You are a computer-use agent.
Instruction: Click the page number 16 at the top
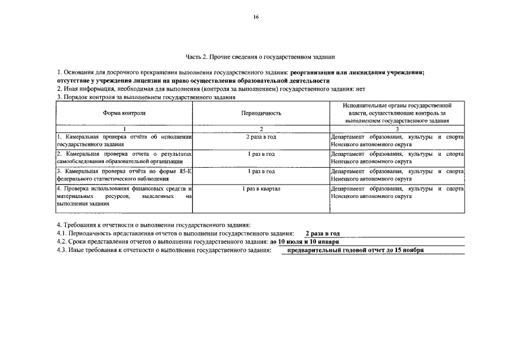click(x=255, y=17)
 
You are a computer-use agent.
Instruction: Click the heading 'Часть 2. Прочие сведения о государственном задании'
click(x=260, y=57)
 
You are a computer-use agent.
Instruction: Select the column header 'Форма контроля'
click(x=124, y=113)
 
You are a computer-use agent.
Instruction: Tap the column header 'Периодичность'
click(x=261, y=113)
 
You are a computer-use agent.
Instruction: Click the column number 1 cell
click(x=124, y=129)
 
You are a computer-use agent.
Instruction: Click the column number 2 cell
click(x=261, y=129)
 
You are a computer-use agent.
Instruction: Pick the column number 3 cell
click(x=397, y=129)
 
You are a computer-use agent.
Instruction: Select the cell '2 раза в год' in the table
click(x=261, y=137)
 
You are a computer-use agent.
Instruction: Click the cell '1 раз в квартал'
click(x=261, y=189)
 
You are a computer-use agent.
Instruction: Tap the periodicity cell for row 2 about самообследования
click(x=261, y=154)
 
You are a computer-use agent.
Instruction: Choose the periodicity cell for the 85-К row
click(x=261, y=171)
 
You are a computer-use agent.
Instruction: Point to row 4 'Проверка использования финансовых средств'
click(x=124, y=189)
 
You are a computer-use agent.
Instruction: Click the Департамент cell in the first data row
click(x=397, y=141)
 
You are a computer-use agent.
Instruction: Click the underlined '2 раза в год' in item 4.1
click(x=322, y=233)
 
